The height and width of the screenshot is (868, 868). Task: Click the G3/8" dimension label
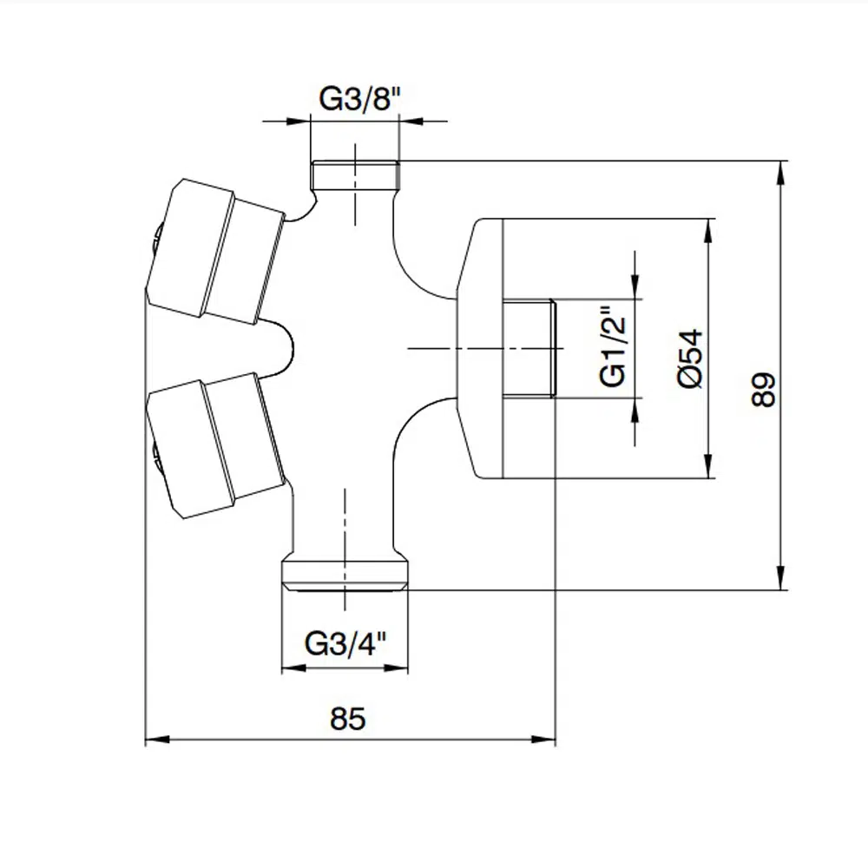358,99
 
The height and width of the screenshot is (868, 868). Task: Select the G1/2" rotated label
612,345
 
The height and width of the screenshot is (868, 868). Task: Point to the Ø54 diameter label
690,358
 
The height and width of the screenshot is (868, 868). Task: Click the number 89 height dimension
764,390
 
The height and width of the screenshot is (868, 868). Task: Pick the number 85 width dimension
348,718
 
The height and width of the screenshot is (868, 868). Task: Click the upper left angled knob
216,250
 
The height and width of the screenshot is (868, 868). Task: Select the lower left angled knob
216,445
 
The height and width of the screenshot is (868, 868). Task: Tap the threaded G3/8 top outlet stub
355,175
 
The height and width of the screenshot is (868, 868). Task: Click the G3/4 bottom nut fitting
345,575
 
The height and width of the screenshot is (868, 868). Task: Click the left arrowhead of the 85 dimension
157,739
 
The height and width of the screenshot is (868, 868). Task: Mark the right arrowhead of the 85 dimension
542,739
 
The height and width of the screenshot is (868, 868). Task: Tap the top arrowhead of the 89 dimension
781,174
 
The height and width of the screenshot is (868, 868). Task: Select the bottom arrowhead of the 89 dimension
781,578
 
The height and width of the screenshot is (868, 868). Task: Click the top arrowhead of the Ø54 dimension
708,232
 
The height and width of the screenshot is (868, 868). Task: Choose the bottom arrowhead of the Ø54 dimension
708,465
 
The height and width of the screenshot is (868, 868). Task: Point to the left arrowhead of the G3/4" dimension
294,668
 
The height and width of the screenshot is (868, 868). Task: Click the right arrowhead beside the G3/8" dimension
411,121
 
